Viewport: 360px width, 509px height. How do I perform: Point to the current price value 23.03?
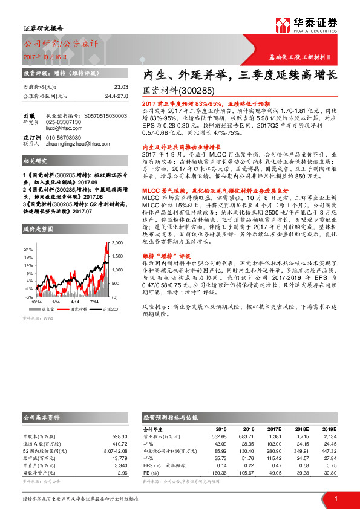[x=122, y=87]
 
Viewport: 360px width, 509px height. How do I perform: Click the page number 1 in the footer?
[x=335, y=498]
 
